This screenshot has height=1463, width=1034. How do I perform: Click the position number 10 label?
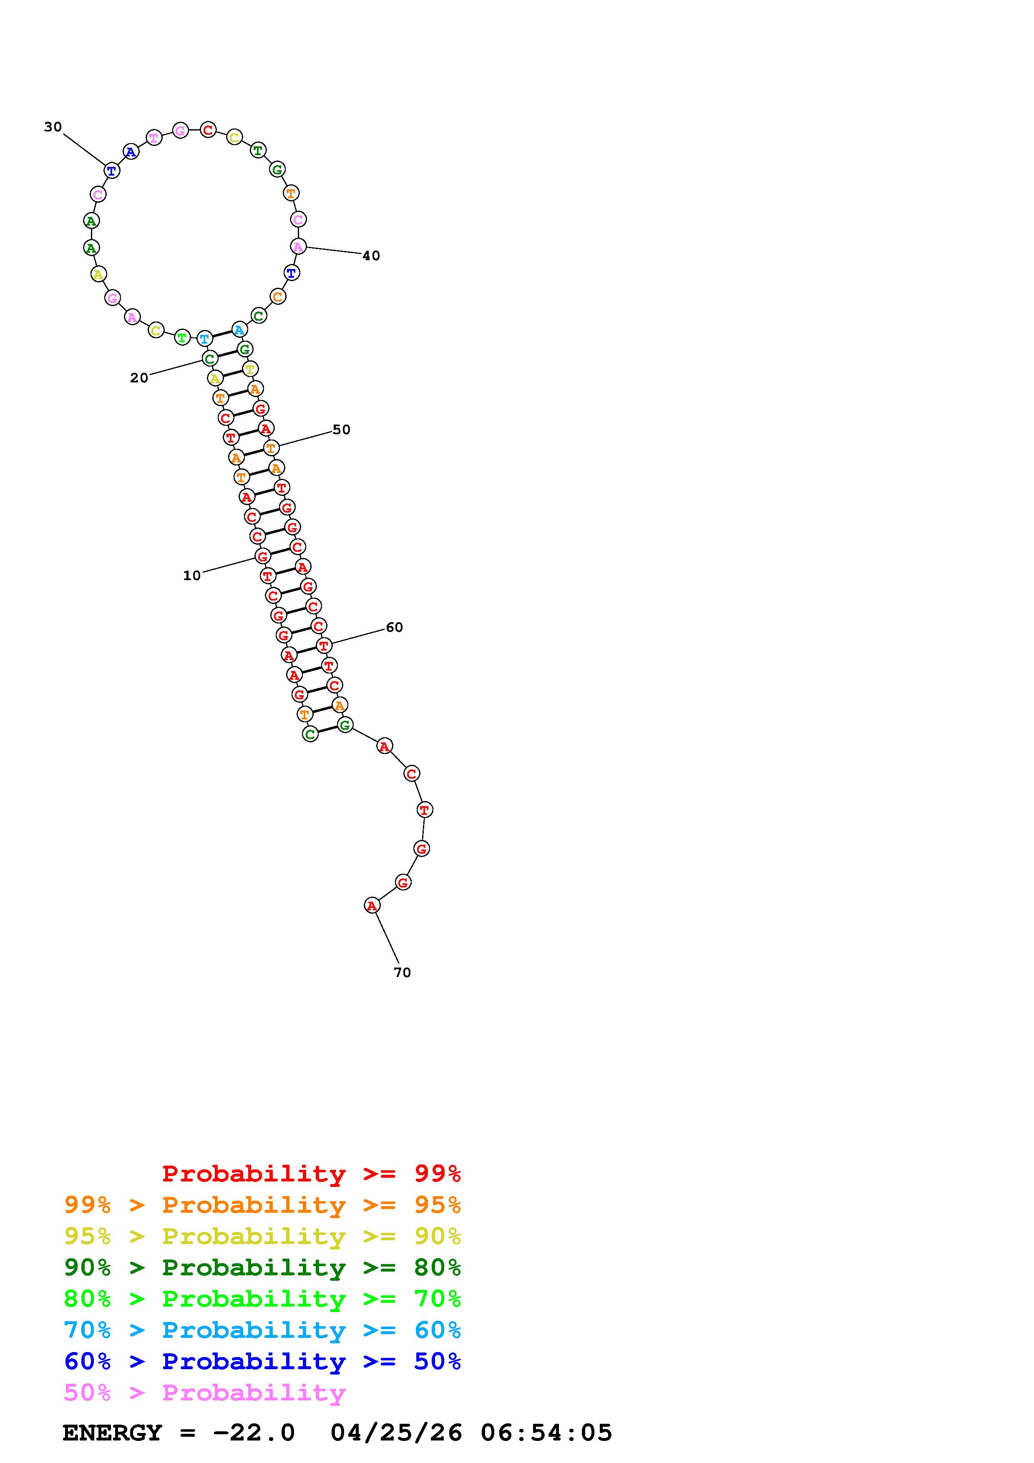pos(192,576)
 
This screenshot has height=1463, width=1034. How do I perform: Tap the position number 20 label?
pos(139,378)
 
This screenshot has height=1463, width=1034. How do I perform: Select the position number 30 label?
pos(53,127)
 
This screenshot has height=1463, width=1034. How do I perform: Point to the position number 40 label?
pos(371,256)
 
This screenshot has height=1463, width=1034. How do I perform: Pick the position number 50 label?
pos(342,430)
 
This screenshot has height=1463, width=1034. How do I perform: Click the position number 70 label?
pos(402,973)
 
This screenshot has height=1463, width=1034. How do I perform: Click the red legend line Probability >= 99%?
pos(312,1173)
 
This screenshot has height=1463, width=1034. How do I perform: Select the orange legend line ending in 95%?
pos(262,1204)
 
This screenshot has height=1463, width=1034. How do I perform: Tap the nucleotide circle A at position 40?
pos(297,246)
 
